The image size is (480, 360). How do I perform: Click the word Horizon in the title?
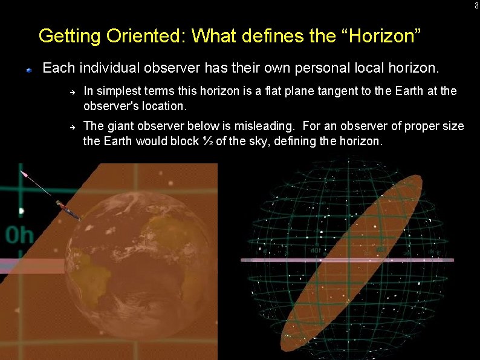380,36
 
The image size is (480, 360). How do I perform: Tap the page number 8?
476,5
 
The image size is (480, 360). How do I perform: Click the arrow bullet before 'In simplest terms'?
71,93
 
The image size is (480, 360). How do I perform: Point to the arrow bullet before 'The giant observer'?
71,128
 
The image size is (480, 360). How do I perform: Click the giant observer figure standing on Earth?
68,209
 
